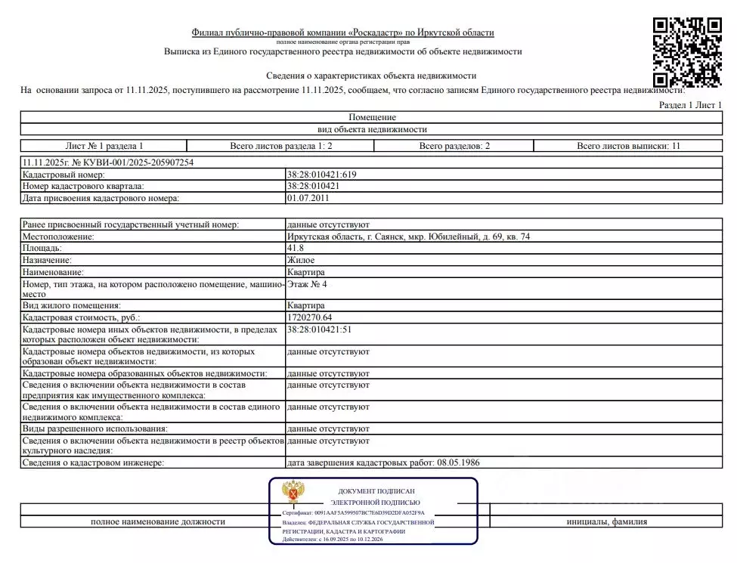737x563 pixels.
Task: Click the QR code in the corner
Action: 687,51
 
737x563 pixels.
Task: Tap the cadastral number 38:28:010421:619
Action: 321,175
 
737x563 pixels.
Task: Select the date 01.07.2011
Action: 308,198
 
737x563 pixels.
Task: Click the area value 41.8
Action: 295,248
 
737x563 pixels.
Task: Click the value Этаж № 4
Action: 307,284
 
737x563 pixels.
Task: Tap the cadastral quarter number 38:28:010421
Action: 312,186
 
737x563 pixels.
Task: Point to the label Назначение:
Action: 53,259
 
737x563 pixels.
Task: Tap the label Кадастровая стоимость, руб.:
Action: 82,317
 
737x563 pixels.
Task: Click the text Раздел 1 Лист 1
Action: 690,106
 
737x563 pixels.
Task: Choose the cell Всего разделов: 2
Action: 455,145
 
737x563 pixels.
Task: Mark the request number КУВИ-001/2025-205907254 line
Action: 113,162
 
